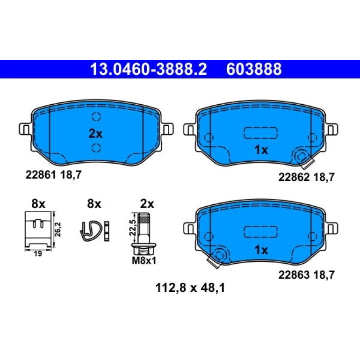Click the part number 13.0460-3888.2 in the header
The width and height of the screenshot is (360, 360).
pos(149,69)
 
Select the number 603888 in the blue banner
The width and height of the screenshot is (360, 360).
pos(254,69)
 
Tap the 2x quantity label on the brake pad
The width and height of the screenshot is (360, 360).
pos(95,134)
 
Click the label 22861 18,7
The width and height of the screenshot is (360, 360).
pos(53,175)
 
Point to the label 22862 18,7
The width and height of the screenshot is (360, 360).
pos(307,177)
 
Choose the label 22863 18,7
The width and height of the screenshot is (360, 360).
pos(307,275)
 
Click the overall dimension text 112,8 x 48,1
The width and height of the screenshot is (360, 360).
pos(190,288)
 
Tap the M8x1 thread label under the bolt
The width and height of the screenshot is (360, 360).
pos(144,260)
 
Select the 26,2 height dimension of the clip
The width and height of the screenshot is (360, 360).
pos(58,229)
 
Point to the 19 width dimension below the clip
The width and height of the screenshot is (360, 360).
pos(38,254)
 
